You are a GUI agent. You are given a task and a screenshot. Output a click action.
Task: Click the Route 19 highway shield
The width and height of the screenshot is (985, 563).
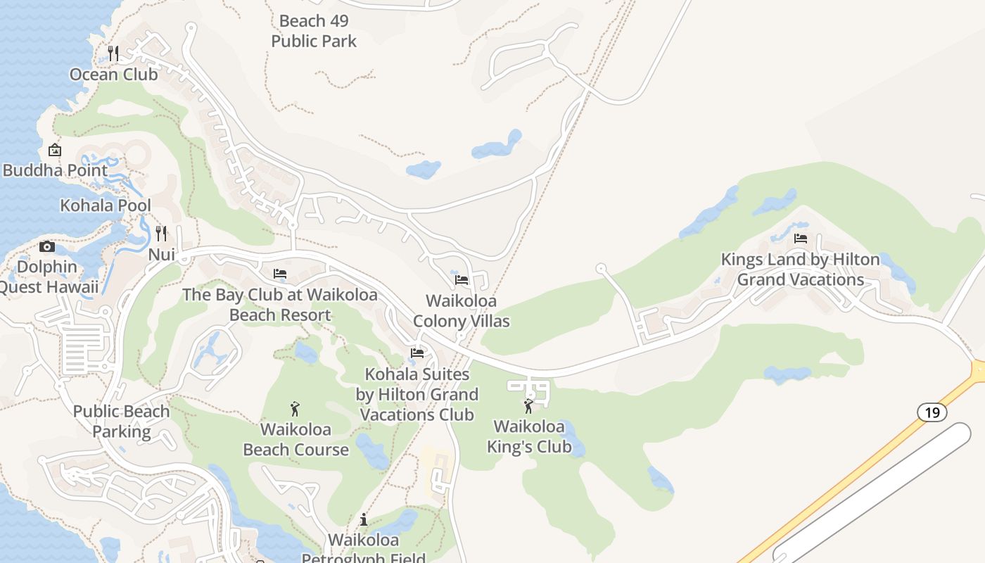coord(932,412)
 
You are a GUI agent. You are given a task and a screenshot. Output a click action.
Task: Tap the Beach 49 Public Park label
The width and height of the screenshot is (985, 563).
coord(314,31)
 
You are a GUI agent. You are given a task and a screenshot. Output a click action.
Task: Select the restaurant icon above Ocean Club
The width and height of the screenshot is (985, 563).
coord(113,53)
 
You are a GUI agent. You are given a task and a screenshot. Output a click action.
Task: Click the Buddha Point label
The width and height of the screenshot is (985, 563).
coord(56,170)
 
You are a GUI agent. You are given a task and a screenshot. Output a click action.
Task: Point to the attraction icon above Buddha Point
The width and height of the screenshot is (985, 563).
coord(55,150)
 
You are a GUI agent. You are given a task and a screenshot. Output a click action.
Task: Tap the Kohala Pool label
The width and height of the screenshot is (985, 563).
coord(106,205)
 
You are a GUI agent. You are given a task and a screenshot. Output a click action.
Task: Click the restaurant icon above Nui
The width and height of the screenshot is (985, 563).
coord(162,233)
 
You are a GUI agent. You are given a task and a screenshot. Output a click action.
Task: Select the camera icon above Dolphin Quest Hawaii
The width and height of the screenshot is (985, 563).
coord(47,246)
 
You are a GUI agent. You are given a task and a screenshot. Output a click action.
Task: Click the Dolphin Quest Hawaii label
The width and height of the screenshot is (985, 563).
coord(47,277)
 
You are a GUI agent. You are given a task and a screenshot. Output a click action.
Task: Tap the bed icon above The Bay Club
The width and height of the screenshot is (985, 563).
coord(280,273)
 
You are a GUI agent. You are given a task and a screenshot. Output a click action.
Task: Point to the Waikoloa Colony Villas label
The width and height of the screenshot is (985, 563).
coord(462,311)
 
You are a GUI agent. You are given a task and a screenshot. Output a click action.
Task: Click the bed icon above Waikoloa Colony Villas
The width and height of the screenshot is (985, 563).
coord(462,279)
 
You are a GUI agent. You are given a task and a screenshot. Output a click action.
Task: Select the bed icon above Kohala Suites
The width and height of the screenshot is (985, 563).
coord(417,353)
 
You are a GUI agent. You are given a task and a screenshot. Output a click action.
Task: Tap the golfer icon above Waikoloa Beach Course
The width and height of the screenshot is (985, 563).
coord(295,408)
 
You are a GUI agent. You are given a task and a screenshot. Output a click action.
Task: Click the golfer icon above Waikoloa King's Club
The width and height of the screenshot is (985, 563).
coord(528,406)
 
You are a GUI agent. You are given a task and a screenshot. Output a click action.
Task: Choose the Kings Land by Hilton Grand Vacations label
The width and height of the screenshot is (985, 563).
coord(801,270)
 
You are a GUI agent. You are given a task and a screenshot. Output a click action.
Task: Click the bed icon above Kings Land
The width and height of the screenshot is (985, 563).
coord(800,239)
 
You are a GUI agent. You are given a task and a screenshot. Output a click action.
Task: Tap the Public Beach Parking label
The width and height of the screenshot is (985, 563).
coord(122,421)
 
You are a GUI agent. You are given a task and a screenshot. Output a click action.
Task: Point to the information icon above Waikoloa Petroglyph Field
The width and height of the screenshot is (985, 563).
coord(364,519)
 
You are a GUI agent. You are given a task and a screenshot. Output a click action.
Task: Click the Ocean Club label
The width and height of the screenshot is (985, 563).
coord(113,74)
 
